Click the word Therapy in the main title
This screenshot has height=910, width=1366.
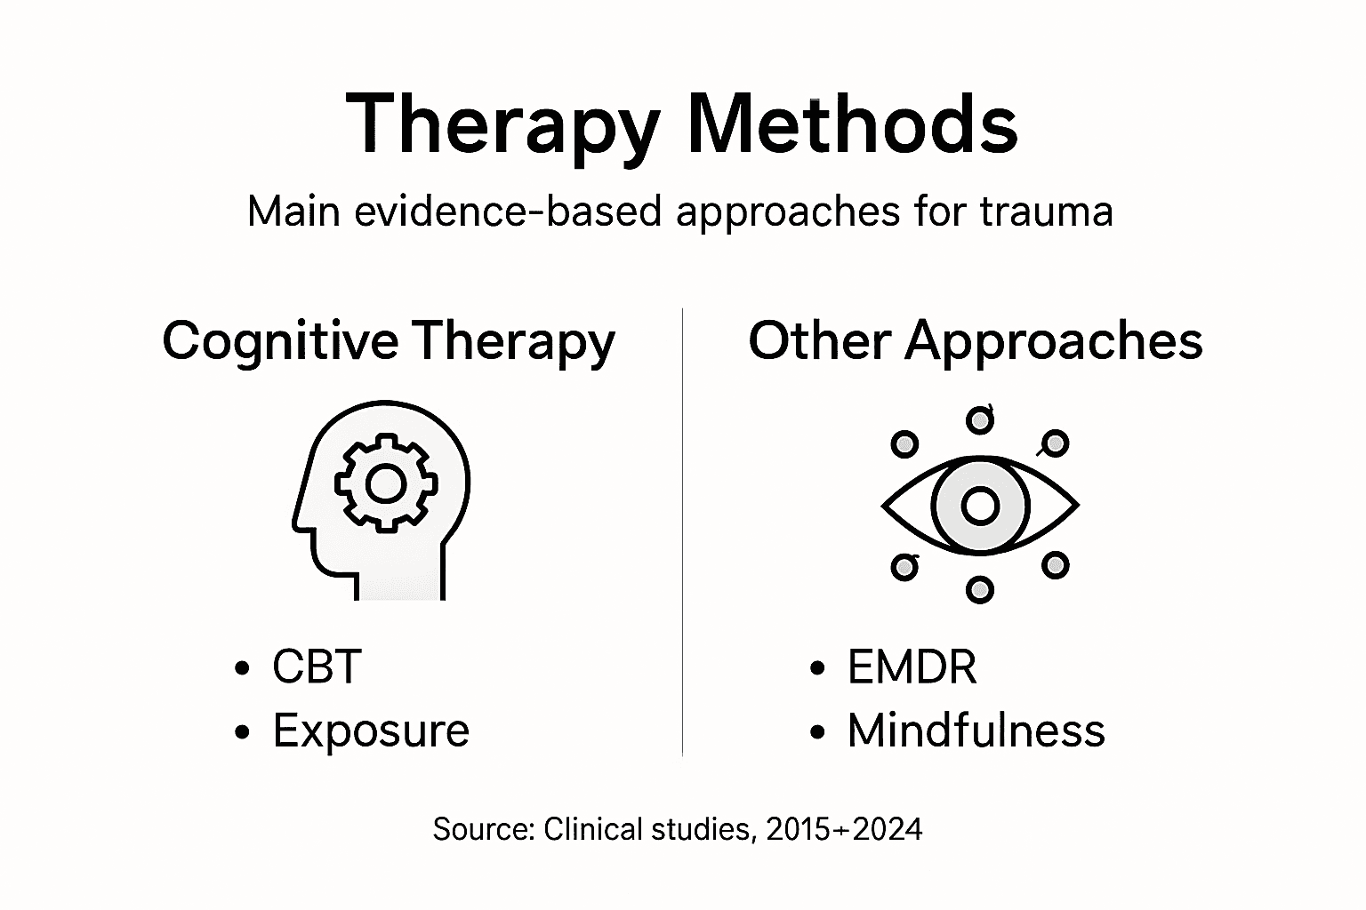(502, 124)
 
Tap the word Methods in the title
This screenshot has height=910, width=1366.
(852, 124)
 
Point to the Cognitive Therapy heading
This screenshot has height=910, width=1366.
(389, 340)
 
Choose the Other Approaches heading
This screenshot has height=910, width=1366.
(976, 340)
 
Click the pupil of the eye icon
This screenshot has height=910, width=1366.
(980, 505)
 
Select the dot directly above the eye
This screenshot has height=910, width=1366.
(980, 419)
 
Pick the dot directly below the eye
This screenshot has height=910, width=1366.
(979, 589)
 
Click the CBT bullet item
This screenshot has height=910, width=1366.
(317, 667)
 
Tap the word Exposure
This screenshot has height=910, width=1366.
(371, 730)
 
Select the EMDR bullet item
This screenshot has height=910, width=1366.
(912, 667)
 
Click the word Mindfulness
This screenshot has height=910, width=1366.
(976, 730)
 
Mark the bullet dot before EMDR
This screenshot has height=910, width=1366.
(817, 668)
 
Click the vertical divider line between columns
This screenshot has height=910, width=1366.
(682, 533)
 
